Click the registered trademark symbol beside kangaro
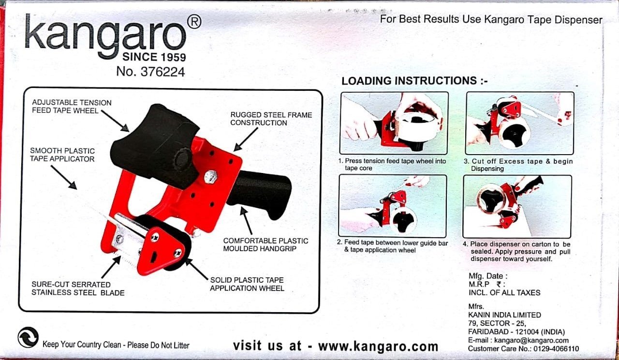[194, 21]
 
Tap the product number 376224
[163, 72]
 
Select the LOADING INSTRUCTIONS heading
[414, 81]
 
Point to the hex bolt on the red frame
[211, 177]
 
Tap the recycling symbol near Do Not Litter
[28, 337]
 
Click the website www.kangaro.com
[378, 346]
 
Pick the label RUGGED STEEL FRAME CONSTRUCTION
[271, 119]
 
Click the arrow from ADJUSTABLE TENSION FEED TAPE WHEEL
[115, 121]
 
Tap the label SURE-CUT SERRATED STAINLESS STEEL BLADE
[78, 288]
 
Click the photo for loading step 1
[394, 123]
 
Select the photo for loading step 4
[517, 206]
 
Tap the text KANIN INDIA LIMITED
[504, 315]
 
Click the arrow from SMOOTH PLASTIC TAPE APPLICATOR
[64, 177]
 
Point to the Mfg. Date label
[488, 276]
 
